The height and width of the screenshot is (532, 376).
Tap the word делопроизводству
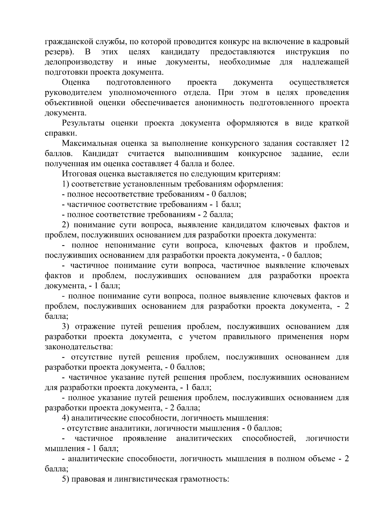point(79,62)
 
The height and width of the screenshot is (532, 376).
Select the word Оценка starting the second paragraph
point(76,82)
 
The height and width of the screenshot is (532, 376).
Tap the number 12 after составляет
point(344,144)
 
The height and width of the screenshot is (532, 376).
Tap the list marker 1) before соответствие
point(65,184)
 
